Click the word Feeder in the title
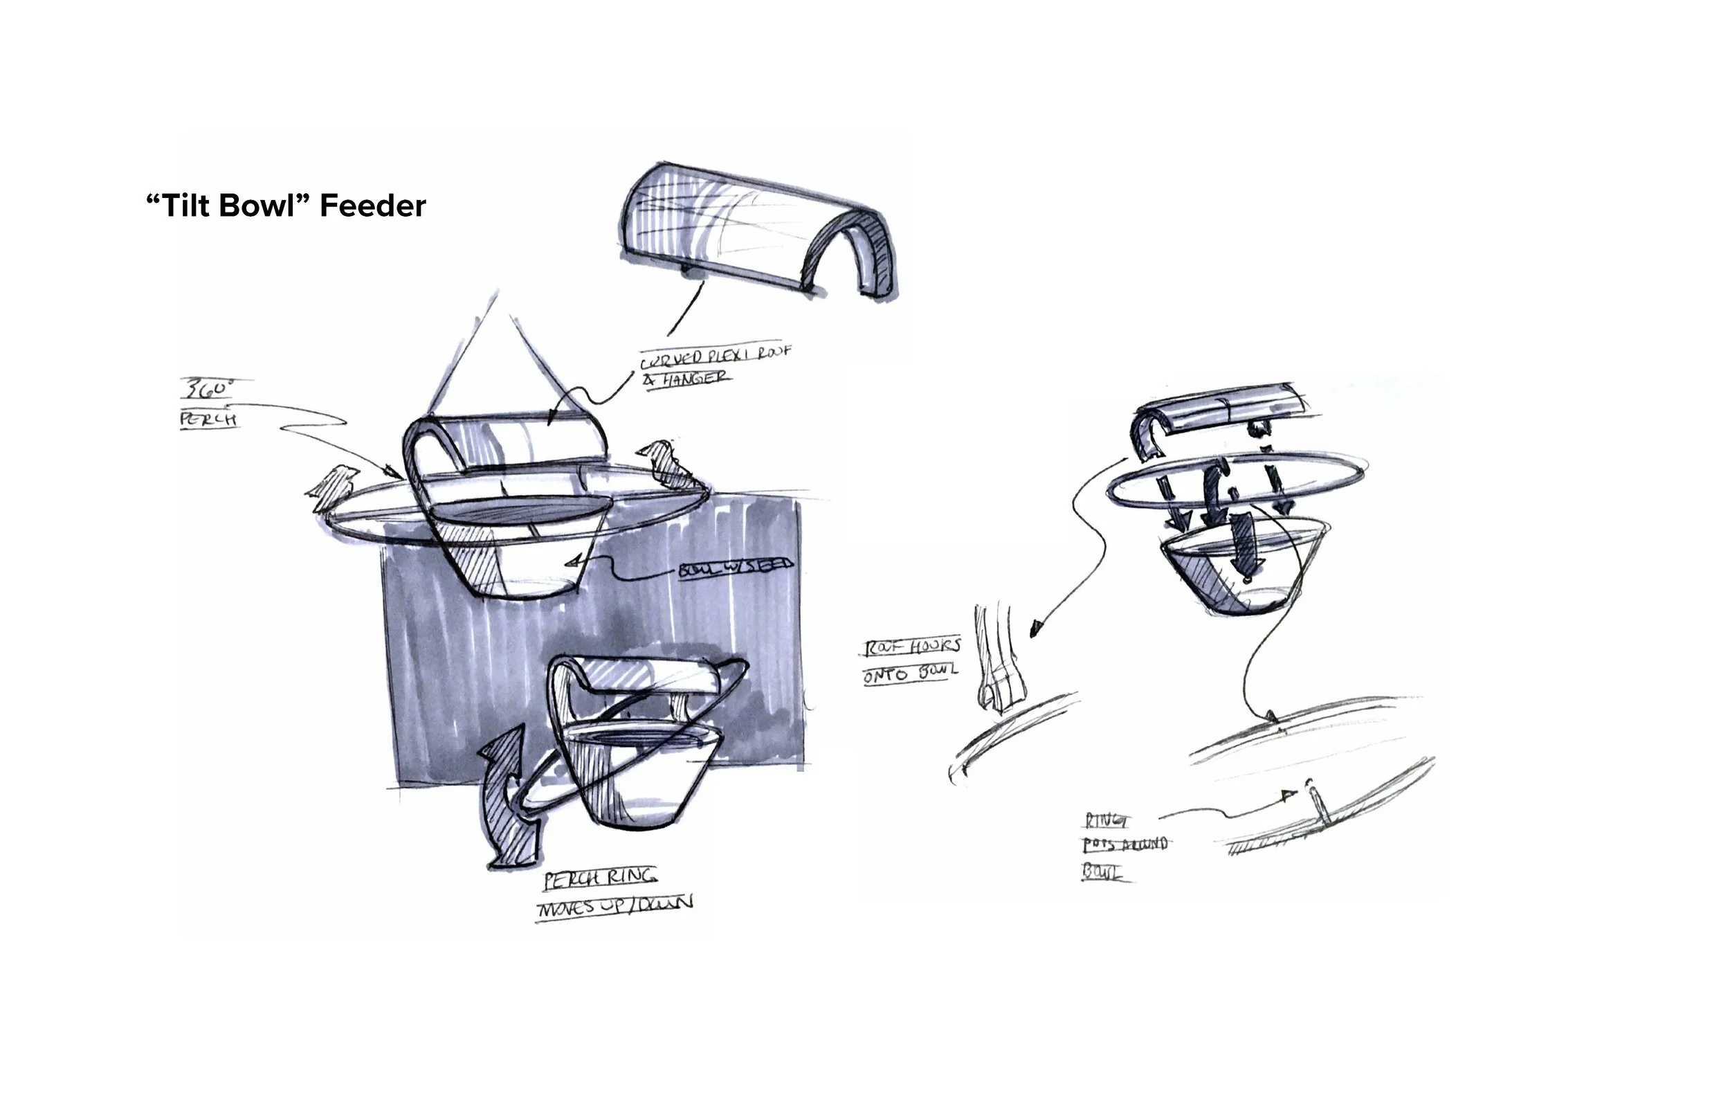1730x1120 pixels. click(x=372, y=206)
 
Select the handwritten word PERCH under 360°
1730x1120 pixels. click(x=208, y=420)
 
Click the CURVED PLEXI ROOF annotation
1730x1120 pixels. click(x=715, y=356)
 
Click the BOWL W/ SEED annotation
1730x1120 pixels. click(x=735, y=568)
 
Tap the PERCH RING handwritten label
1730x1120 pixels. click(x=601, y=878)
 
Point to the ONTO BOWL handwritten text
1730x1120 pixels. click(x=909, y=674)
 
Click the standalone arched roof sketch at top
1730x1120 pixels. click(x=756, y=233)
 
